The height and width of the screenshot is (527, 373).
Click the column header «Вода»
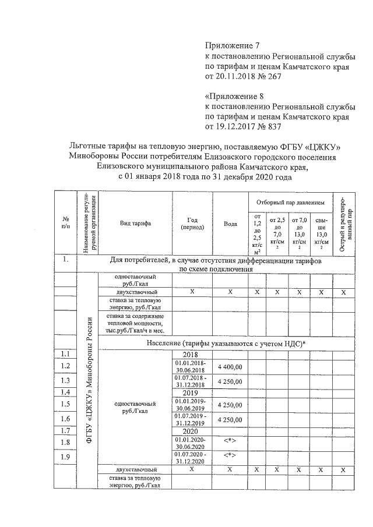coord(230,224)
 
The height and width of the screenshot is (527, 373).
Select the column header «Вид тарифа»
coord(135,224)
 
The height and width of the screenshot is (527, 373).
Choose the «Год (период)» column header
coord(192,224)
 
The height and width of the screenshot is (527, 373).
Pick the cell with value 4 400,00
coord(230,366)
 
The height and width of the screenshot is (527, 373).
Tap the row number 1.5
coord(65,404)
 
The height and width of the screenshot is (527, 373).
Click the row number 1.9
coord(65,457)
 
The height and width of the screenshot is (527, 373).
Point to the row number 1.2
coord(65,366)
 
